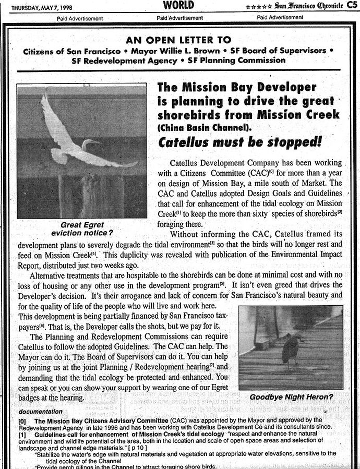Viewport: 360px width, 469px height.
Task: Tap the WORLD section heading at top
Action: pos(178,5)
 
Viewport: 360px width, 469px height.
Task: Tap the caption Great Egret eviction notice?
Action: pos(82,229)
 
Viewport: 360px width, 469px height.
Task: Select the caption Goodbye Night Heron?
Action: pos(291,397)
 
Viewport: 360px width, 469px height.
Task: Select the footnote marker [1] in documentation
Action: pos(22,435)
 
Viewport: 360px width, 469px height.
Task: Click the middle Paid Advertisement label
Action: pos(179,18)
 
